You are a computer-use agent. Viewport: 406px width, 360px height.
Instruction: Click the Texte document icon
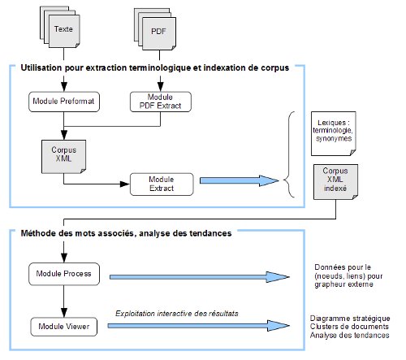(x=60, y=27)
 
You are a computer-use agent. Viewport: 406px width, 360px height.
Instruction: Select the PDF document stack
(x=155, y=29)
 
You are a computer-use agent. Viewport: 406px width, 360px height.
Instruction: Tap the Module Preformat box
(x=64, y=102)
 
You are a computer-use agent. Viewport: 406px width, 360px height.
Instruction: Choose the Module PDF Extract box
(x=161, y=102)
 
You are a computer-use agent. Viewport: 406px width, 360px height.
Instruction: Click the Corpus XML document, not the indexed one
(x=63, y=157)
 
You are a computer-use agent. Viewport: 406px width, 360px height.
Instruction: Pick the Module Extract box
(x=162, y=184)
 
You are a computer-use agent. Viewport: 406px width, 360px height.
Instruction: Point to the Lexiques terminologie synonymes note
(x=334, y=133)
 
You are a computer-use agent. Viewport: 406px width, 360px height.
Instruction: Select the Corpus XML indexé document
(x=335, y=182)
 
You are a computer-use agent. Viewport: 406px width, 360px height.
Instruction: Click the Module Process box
(x=64, y=274)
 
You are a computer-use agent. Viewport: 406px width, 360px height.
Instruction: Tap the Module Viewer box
(x=64, y=327)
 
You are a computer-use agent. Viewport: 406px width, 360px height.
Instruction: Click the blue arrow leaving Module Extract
(x=240, y=180)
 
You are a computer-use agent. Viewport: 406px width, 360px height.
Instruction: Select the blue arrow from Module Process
(x=200, y=277)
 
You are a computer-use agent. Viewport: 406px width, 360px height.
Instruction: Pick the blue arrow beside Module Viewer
(x=199, y=326)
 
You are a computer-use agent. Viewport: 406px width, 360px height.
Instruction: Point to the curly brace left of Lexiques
(x=289, y=154)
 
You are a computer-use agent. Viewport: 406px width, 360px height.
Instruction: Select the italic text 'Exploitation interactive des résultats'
(x=177, y=314)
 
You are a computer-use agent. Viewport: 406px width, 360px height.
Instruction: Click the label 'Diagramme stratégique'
(x=350, y=319)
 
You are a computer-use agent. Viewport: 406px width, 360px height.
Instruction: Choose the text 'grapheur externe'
(x=343, y=284)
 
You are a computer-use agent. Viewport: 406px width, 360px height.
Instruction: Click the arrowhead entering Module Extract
(x=124, y=184)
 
